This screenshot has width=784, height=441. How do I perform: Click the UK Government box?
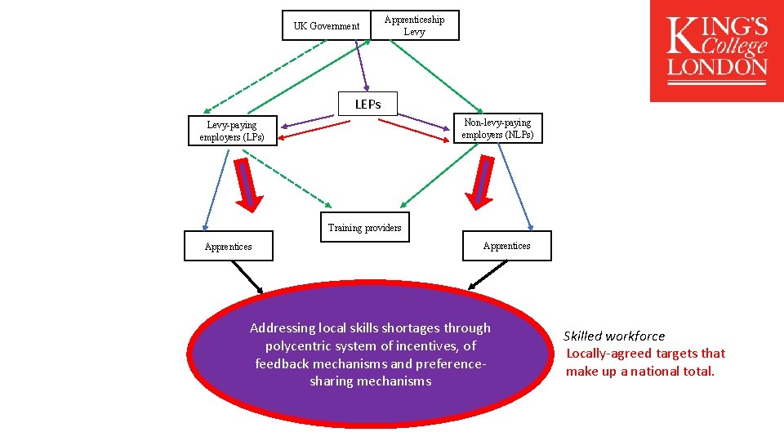tap(327, 26)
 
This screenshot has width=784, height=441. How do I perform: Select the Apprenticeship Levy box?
tap(414, 25)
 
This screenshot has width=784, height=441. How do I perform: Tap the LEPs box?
tap(367, 104)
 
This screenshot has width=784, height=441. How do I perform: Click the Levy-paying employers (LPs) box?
tap(232, 131)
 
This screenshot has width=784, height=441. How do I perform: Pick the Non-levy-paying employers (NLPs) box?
tap(497, 128)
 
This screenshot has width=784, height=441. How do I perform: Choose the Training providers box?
tap(364, 228)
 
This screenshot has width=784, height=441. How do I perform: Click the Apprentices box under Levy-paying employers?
tap(229, 246)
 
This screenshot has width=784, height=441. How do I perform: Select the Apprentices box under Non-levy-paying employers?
tap(506, 245)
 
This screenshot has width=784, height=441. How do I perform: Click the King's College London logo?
tap(717, 51)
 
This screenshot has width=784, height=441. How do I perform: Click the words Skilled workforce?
tap(614, 336)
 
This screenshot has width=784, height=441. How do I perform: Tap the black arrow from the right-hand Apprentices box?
tap(483, 275)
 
